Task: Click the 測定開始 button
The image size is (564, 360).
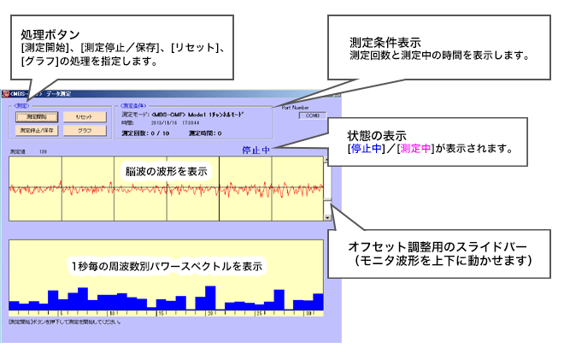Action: click(x=37, y=115)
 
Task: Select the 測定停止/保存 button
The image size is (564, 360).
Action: click(x=37, y=130)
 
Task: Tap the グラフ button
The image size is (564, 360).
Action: click(x=85, y=130)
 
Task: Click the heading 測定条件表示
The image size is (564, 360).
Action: click(x=385, y=42)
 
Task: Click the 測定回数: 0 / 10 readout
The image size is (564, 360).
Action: click(x=148, y=133)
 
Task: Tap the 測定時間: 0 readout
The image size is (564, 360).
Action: click(x=205, y=133)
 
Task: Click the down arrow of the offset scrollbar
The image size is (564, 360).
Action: click(x=327, y=218)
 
